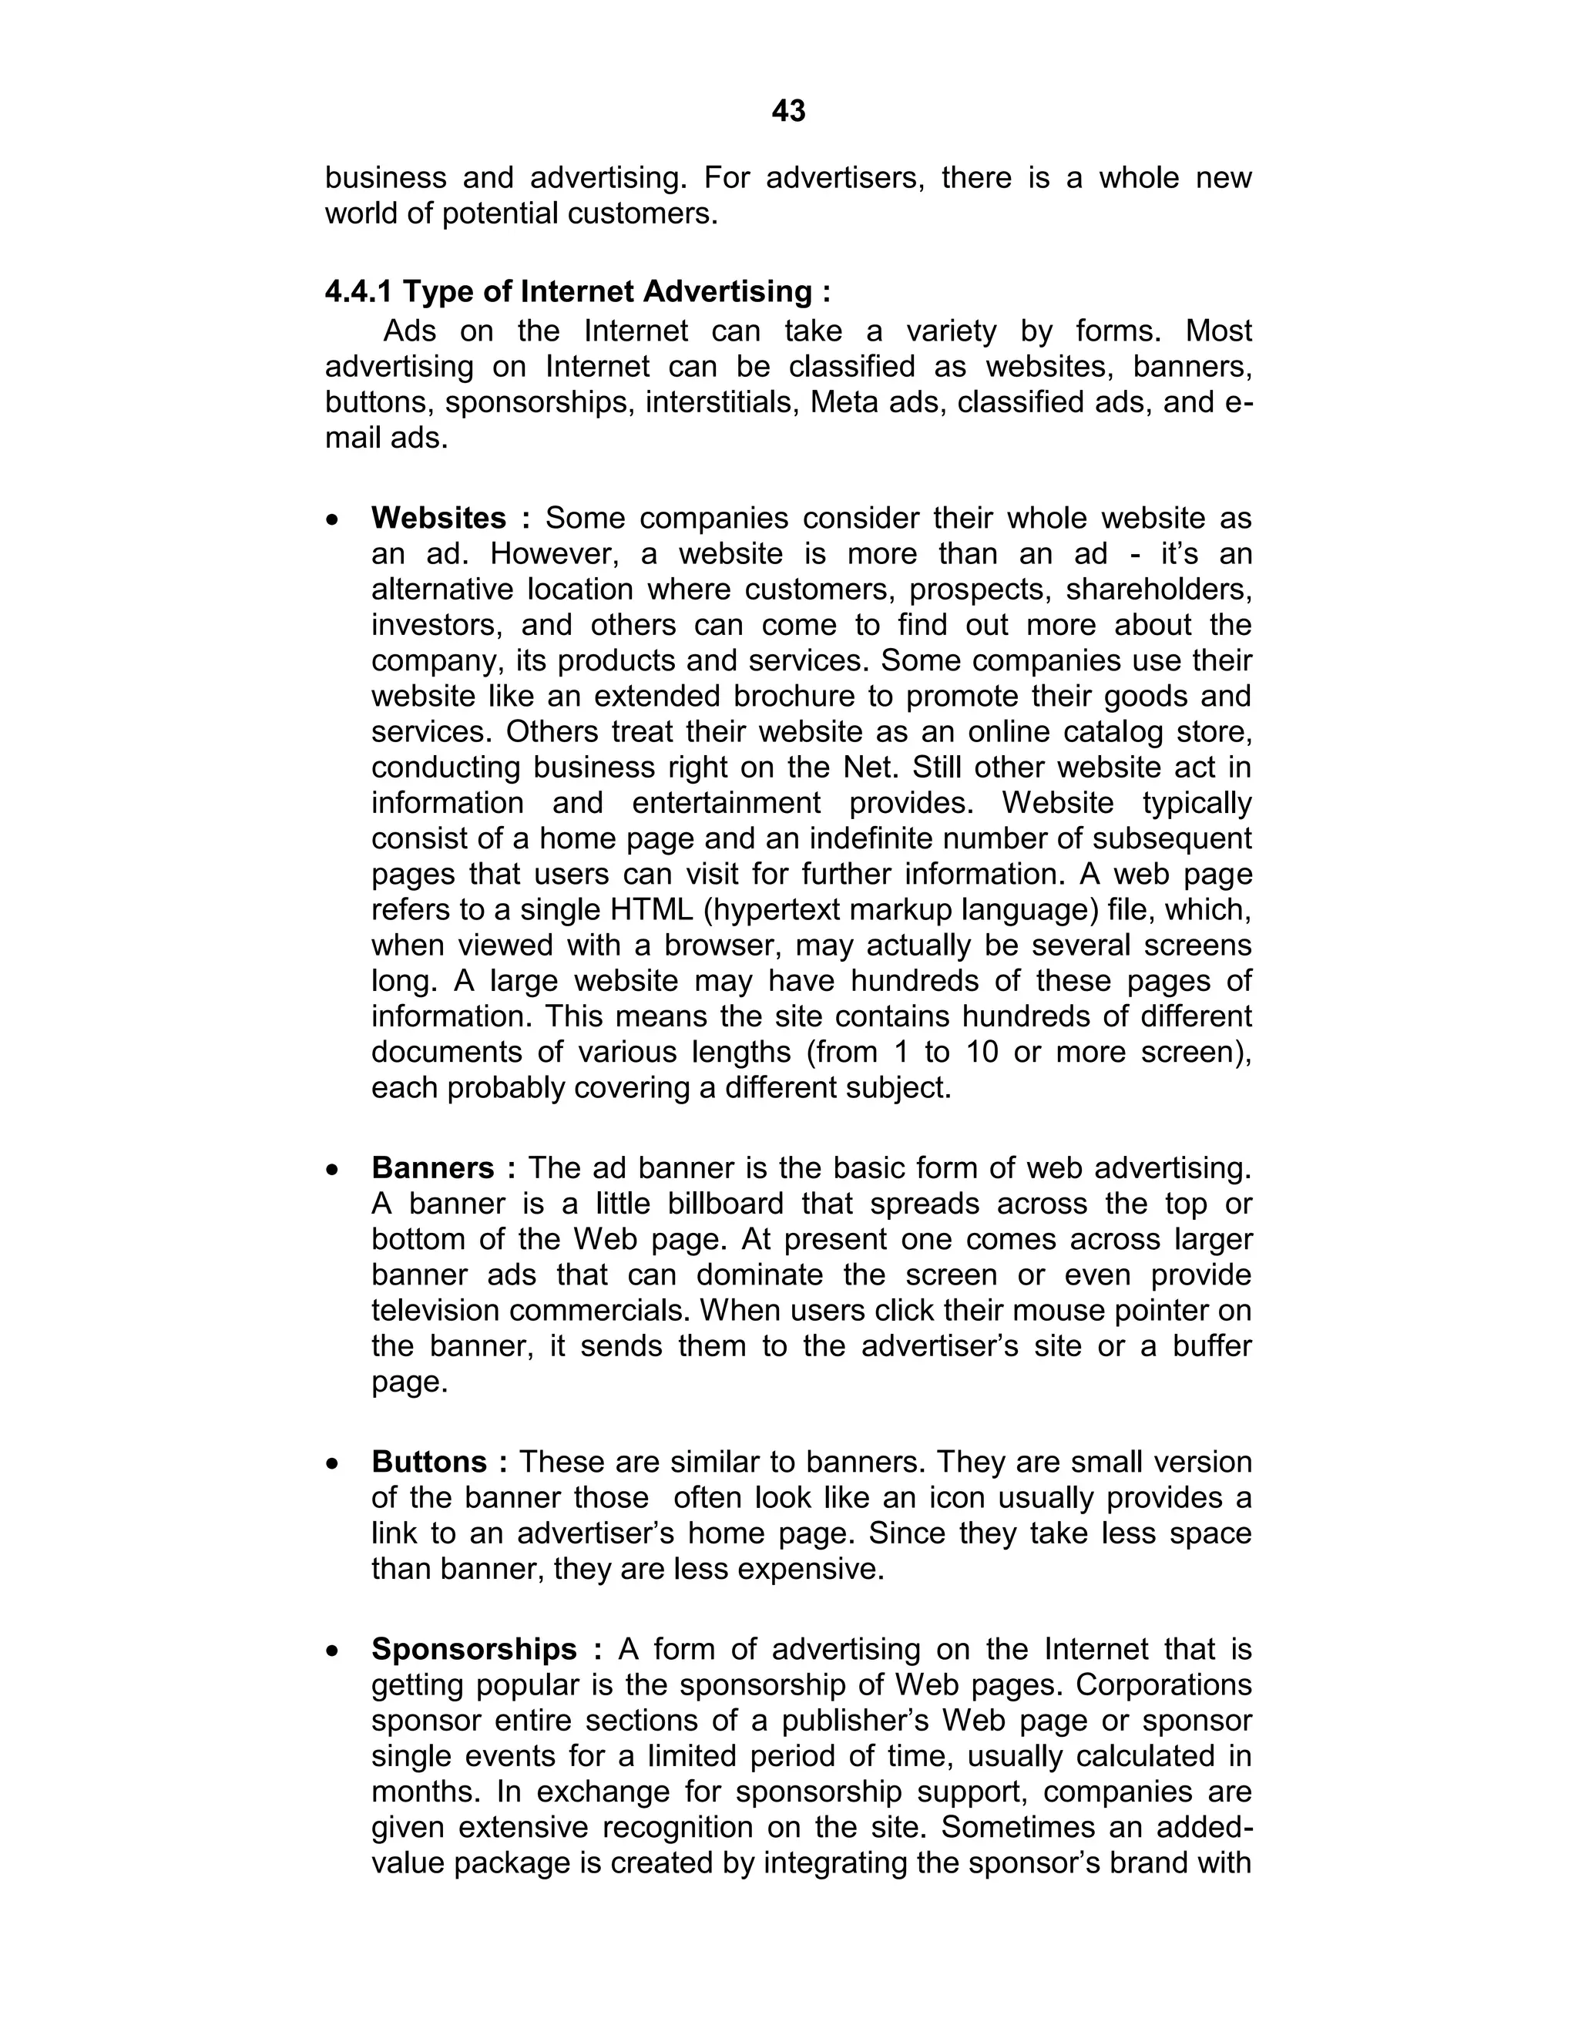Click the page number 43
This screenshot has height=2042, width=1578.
pyautogui.click(x=788, y=111)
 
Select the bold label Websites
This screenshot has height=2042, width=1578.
pyautogui.click(x=438, y=518)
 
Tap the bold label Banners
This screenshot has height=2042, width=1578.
pyautogui.click(x=433, y=1167)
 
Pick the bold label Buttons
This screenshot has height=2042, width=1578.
pyautogui.click(x=429, y=1461)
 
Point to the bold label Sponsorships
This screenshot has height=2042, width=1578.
pyautogui.click(x=474, y=1648)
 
